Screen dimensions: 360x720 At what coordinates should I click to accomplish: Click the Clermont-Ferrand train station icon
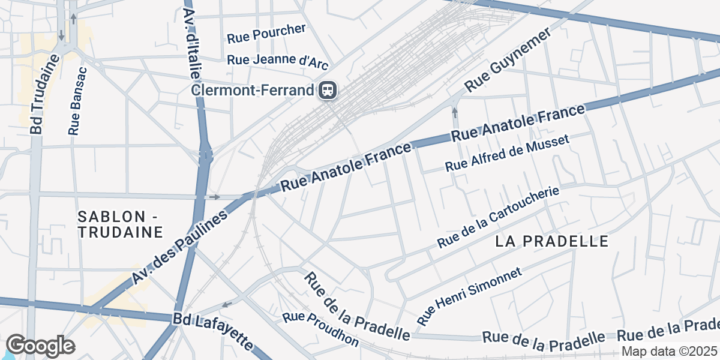328,91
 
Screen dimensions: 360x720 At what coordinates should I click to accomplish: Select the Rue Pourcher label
266,34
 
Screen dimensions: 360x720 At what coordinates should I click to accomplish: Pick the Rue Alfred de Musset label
506,153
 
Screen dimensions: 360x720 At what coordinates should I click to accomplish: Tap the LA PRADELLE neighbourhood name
552,241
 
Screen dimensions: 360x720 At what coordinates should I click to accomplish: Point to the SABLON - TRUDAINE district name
121,224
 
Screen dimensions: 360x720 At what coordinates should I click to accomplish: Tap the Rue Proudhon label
321,330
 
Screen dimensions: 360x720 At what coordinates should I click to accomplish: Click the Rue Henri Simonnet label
469,296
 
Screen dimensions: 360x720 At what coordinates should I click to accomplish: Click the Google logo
40,346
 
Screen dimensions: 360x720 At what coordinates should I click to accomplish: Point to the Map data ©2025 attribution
669,352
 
